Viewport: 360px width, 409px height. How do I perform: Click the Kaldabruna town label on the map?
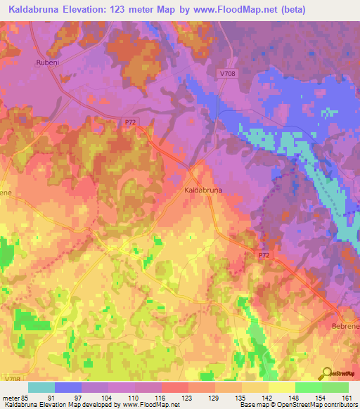[203, 190]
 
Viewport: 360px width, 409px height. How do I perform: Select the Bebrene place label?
[345, 327]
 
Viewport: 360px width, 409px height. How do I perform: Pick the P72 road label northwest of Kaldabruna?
[131, 122]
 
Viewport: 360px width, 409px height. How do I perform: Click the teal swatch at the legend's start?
[41, 387]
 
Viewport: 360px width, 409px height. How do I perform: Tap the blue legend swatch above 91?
[68, 387]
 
